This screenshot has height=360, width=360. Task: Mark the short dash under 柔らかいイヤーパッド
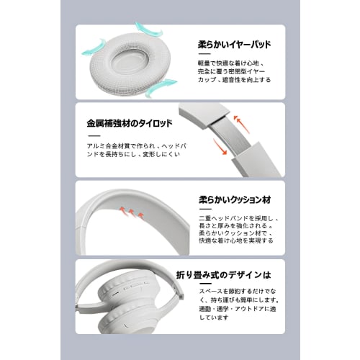204,55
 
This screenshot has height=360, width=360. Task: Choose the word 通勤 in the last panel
205,308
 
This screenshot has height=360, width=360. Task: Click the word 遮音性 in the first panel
235,81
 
